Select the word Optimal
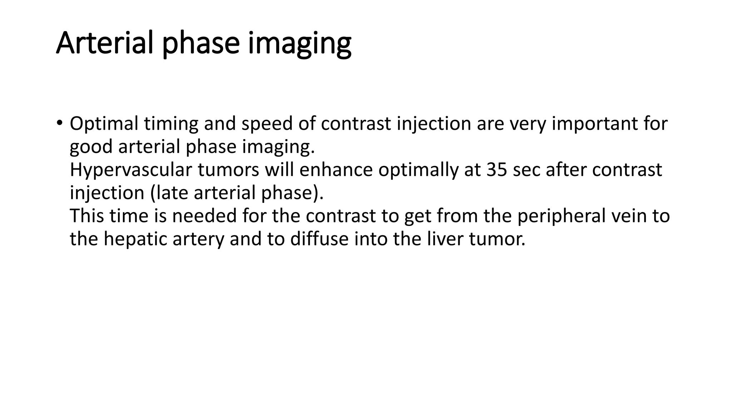click(x=104, y=124)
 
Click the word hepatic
click(x=135, y=239)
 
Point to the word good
click(x=91, y=147)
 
